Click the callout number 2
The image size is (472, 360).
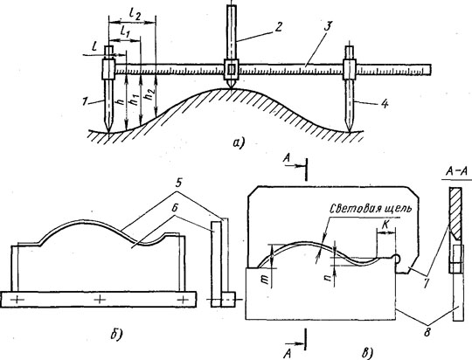point(278,27)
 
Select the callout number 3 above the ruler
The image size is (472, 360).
point(328,26)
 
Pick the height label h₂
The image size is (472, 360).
point(148,94)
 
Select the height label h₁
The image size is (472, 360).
point(133,98)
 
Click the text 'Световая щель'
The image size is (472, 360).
point(370,209)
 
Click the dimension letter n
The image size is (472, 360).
point(328,276)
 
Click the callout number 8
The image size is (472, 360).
point(427,332)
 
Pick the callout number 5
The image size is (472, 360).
point(178,183)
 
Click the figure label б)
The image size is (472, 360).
point(116,334)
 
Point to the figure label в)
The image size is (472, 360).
point(367,351)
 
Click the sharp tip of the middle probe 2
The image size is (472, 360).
point(231,88)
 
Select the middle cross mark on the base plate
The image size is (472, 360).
point(100,299)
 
